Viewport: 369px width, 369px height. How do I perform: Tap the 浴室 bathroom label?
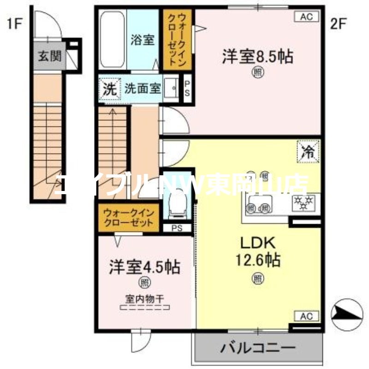pos(142,40)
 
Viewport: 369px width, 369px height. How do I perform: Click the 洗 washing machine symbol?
pos(109,89)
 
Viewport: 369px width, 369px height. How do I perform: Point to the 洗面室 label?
pos(143,89)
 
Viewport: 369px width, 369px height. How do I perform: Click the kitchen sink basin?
pos(259,203)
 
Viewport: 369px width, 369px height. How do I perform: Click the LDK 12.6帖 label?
pos(257,251)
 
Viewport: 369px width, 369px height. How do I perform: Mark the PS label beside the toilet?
pos(176,227)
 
